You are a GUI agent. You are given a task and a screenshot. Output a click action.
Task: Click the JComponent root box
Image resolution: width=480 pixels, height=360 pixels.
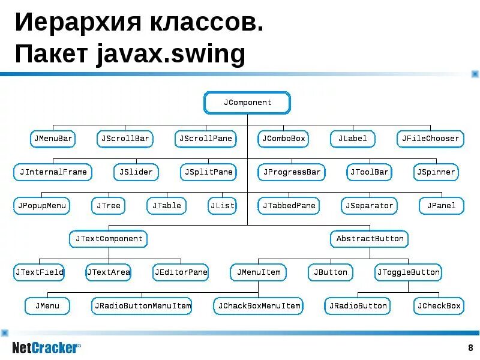247,103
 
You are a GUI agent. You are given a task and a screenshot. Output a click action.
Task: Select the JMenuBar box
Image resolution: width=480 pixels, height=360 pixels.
53,139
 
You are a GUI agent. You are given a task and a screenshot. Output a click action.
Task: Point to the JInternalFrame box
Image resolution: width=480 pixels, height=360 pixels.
53,172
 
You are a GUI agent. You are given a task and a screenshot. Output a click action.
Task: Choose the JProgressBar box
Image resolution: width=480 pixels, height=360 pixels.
292,172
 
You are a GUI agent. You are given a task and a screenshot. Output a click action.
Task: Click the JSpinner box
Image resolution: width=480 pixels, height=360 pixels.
436,172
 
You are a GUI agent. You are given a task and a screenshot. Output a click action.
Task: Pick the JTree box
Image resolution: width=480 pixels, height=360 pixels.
109,206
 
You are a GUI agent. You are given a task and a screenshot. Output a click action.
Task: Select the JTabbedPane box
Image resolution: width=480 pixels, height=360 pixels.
289,206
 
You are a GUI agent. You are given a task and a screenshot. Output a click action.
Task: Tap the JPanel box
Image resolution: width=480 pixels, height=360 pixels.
441,206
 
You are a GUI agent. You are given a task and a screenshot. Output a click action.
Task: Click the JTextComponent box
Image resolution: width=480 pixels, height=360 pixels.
109,239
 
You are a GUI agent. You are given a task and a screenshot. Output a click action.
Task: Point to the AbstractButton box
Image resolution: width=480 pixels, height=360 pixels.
370,239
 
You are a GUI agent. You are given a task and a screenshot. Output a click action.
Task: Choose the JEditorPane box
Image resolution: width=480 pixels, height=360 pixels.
181,272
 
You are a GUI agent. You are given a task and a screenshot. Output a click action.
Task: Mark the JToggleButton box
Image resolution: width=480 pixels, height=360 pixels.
408,272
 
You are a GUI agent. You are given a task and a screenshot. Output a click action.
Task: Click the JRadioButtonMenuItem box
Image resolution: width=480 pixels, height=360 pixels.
142,306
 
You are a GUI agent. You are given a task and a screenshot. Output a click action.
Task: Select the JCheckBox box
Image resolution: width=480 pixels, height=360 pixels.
439,306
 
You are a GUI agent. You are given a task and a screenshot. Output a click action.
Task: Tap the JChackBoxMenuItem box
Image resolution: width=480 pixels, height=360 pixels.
259,306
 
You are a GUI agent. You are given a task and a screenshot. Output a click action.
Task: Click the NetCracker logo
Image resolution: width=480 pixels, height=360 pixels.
46,347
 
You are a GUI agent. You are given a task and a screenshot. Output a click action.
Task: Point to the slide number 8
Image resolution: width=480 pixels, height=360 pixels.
470,348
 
